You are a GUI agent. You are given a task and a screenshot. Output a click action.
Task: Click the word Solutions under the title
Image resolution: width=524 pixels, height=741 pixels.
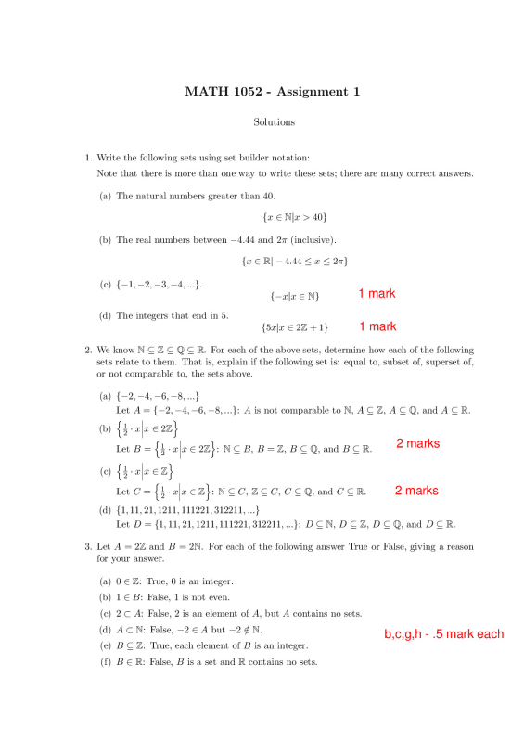pyautogui.click(x=274, y=121)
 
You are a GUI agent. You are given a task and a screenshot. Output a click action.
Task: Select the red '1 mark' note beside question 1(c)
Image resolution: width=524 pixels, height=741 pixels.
pyautogui.click(x=377, y=293)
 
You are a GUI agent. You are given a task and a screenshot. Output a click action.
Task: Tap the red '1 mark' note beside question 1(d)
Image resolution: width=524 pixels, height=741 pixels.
pyautogui.click(x=377, y=326)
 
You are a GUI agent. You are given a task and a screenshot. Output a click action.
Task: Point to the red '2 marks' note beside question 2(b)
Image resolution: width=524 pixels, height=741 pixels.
pyautogui.click(x=417, y=444)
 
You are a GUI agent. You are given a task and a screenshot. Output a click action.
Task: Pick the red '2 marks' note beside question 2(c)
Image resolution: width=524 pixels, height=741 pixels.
pyautogui.click(x=415, y=491)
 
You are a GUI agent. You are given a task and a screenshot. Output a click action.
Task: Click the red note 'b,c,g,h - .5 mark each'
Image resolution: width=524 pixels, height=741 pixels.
pyautogui.click(x=444, y=634)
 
